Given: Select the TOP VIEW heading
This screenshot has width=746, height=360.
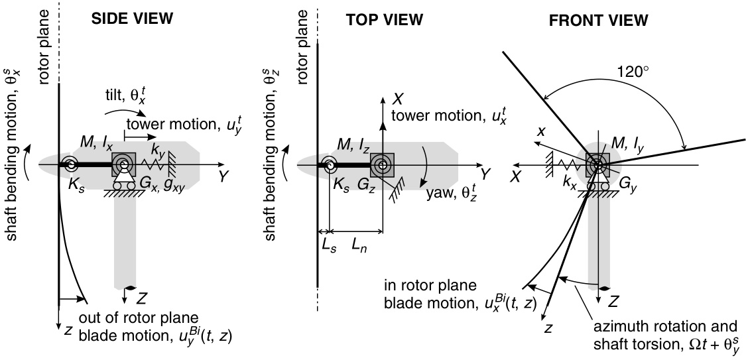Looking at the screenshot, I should [x=385, y=20].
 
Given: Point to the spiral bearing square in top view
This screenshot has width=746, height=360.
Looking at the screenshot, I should [x=382, y=163].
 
